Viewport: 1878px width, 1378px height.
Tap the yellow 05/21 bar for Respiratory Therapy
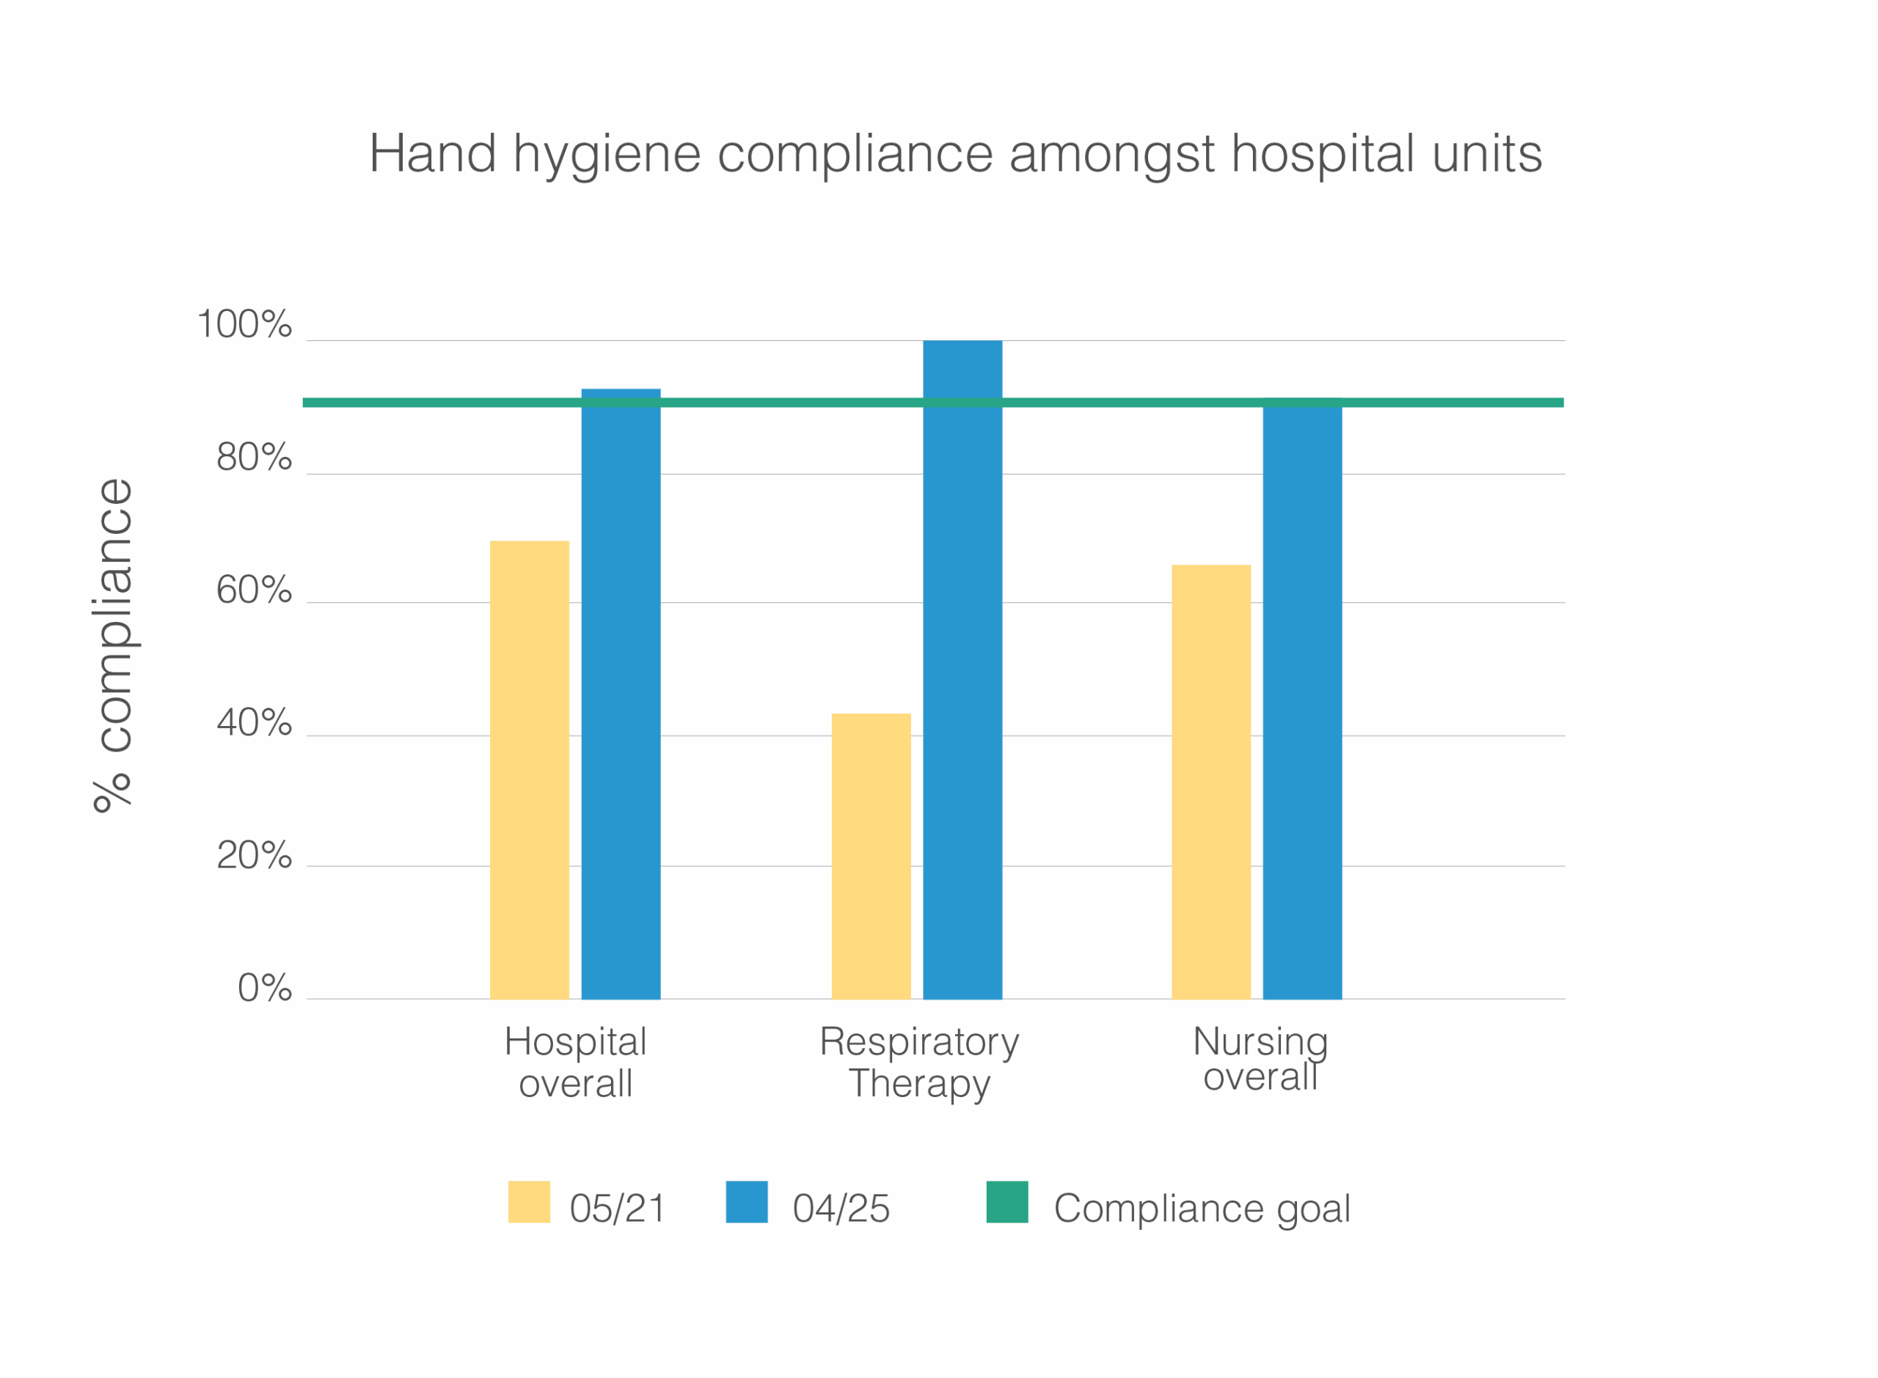870,856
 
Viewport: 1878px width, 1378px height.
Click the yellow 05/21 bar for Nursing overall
1210,782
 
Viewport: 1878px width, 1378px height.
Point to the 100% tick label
244,324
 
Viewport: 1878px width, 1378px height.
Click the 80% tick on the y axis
254,457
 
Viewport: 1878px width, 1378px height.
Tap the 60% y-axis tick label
254,590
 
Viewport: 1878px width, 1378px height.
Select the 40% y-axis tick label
254,722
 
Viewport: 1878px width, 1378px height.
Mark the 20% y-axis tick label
254,855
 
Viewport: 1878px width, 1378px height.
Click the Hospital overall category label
575,1062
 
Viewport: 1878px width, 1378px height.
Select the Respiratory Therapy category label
918,1062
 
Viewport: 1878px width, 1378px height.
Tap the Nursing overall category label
1260,1058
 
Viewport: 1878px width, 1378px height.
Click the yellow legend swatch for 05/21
528,1202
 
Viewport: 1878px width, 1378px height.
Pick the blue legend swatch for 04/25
747,1202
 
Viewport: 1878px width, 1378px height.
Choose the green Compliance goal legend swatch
1007,1202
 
